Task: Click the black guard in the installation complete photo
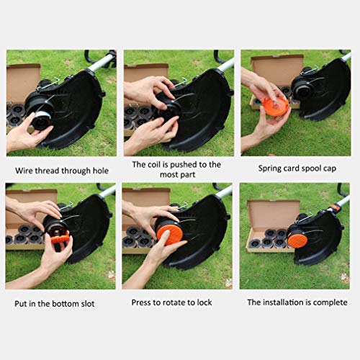[x=325, y=245]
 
